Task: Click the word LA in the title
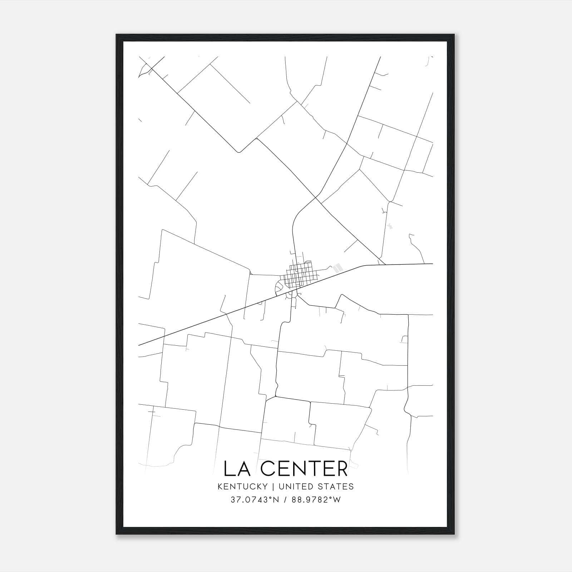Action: click(236, 469)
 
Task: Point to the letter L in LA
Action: click(228, 469)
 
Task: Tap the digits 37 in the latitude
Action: click(235, 500)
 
